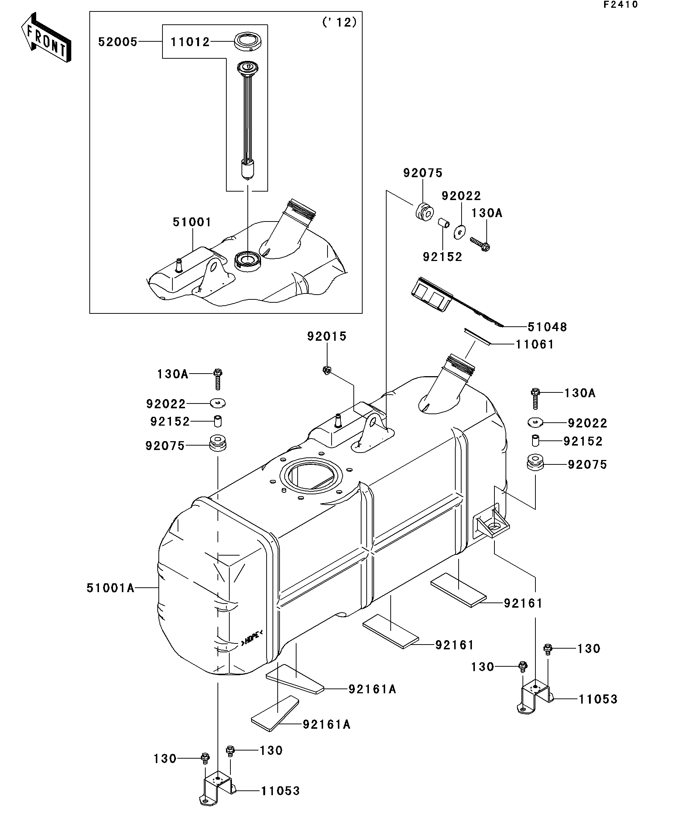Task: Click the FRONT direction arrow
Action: click(x=46, y=38)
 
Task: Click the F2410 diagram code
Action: click(x=620, y=5)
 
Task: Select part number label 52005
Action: click(x=117, y=41)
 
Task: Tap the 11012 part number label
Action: click(x=190, y=41)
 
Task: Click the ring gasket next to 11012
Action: click(x=247, y=41)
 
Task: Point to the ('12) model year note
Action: click(x=339, y=22)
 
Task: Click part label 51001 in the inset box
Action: click(x=192, y=222)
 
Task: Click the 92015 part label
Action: click(x=326, y=336)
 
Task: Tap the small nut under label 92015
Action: click(x=326, y=370)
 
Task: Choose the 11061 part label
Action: click(x=535, y=344)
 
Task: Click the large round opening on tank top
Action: click(x=311, y=475)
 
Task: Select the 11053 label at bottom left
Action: click(x=280, y=791)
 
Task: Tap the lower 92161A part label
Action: click(x=326, y=724)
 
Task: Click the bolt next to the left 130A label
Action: click(x=217, y=379)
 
